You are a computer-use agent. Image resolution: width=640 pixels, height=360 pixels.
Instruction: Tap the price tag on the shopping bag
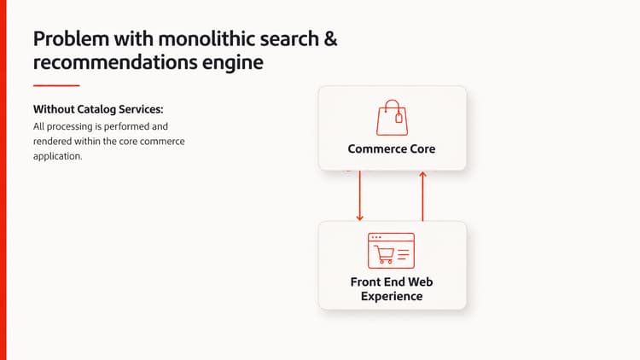[x=399, y=118]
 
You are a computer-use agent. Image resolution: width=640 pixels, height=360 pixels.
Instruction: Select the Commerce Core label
[x=392, y=148]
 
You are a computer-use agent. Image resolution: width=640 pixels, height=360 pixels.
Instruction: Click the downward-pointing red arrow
[x=359, y=195]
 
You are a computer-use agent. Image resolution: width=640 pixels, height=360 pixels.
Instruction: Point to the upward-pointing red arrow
[x=423, y=196]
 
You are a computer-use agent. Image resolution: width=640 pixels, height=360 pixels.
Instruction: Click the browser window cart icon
[x=391, y=251]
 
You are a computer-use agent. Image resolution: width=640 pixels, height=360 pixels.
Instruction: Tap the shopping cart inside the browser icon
[x=384, y=254]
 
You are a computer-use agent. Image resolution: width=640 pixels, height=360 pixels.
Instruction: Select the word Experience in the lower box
[x=392, y=296]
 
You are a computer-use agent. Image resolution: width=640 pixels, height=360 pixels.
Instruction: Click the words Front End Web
[x=392, y=282]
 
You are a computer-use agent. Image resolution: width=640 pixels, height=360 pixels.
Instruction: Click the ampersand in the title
[x=330, y=38]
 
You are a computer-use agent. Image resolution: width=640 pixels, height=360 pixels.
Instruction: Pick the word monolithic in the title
[x=207, y=38]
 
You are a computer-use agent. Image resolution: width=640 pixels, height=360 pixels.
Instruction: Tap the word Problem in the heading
[x=71, y=38]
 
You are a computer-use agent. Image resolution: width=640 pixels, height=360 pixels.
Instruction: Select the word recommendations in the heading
[x=115, y=62]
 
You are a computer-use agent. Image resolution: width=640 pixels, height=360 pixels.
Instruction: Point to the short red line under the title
[x=56, y=85]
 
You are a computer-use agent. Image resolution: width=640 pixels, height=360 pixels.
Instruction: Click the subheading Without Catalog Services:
[x=98, y=109]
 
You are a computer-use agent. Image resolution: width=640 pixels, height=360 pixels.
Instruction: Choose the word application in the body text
[x=57, y=156]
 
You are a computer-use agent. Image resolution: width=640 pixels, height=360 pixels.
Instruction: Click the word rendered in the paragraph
[x=52, y=142]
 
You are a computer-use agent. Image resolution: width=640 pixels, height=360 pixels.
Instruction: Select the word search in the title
[x=289, y=38]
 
